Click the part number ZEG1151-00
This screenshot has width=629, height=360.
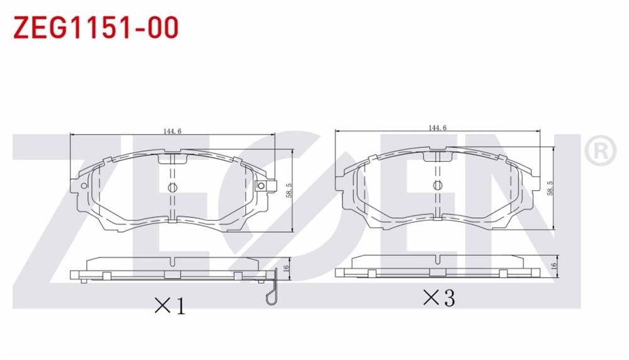tap(96, 28)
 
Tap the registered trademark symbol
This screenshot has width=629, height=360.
tap(601, 150)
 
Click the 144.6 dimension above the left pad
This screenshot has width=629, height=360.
tap(172, 131)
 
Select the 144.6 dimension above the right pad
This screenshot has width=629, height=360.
tap(437, 128)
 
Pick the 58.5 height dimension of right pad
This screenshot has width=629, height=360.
tap(550, 188)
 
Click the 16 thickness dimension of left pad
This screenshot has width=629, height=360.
tap(286, 268)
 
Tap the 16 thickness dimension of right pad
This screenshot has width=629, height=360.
tap(554, 266)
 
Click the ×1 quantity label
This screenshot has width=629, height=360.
tap(170, 306)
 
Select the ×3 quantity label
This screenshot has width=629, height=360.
tap(439, 298)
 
